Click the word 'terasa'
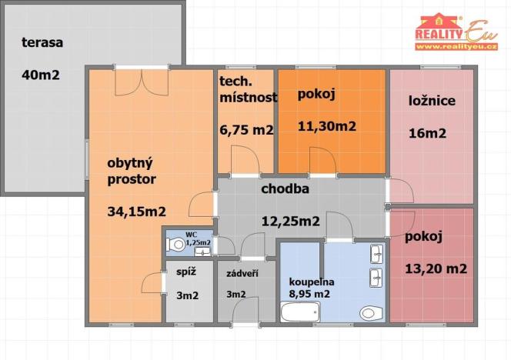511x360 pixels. (42, 42)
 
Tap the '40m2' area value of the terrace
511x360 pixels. (42, 75)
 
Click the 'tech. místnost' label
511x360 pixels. (246, 91)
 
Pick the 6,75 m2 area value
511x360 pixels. (246, 130)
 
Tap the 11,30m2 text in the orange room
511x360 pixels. (326, 126)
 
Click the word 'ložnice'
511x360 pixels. (432, 101)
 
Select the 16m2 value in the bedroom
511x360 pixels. (427, 133)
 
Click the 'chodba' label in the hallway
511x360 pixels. (286, 188)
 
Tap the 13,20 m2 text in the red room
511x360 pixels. (436, 268)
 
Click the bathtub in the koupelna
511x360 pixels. (299, 312)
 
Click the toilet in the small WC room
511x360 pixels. (177, 245)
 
